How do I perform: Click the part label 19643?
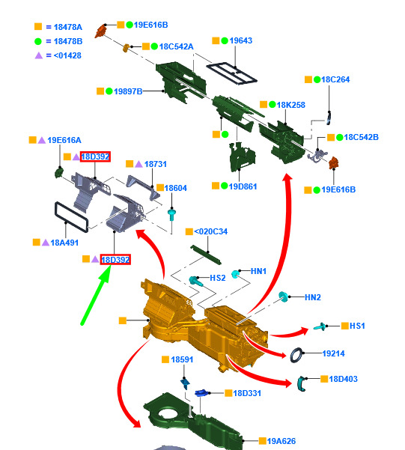[241, 40]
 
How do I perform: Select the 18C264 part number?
[335, 79]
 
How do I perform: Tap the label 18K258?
[290, 105]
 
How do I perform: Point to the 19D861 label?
[243, 186]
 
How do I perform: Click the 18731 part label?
[155, 164]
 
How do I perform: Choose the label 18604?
[175, 188]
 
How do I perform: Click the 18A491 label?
[64, 243]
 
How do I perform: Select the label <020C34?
[210, 231]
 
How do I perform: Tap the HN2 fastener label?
[313, 297]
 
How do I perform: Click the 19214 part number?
[333, 353]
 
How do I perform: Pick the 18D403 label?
[343, 379]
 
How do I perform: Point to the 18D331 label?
[247, 393]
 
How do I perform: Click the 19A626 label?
[281, 441]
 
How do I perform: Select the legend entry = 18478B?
[64, 41]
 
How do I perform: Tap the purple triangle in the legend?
[39, 55]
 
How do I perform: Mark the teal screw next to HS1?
[320, 326]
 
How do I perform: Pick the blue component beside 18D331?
[201, 392]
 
